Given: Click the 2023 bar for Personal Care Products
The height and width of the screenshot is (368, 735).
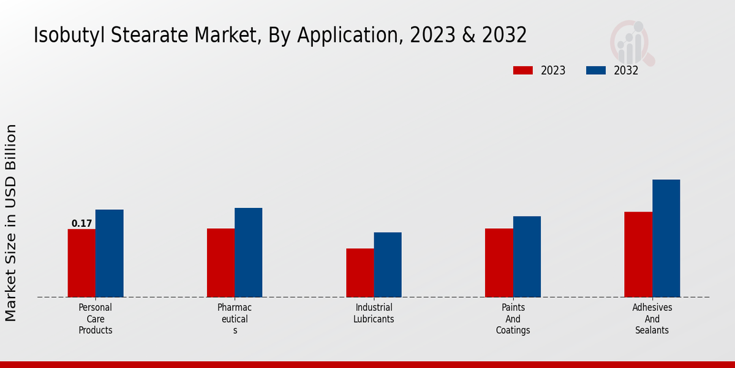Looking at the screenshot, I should (81, 263).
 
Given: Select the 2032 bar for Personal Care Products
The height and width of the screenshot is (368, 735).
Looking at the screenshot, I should (109, 253).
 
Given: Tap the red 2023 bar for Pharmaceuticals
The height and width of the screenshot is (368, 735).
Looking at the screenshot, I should (221, 263).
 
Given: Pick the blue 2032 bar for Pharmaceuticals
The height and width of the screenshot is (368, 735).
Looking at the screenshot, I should (248, 253).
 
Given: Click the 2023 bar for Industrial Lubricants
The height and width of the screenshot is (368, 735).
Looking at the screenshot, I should (360, 273).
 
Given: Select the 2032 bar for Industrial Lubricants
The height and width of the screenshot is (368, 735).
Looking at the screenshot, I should (388, 265).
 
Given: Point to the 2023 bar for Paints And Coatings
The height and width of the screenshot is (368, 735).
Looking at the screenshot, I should (499, 263).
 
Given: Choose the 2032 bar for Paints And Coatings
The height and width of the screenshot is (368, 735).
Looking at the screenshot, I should (527, 257).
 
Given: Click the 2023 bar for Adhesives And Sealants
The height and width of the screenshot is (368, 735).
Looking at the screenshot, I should (638, 255).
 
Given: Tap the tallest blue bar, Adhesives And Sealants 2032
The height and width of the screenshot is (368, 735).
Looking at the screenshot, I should (666, 239).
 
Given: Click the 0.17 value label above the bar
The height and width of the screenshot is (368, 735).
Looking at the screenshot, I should (81, 224).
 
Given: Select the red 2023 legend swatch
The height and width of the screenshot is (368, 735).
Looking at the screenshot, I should (522, 71).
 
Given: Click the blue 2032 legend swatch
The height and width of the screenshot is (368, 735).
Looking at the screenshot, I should (595, 71).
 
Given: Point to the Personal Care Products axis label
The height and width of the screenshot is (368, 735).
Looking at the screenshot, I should (96, 319).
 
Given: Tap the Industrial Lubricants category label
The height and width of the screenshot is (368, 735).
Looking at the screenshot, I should (374, 313).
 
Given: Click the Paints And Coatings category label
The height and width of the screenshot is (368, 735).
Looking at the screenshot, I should (513, 319).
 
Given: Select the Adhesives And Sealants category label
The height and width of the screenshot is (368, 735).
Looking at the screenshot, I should (652, 319).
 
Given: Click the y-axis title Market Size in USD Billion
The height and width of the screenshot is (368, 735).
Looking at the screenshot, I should (11, 223).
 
